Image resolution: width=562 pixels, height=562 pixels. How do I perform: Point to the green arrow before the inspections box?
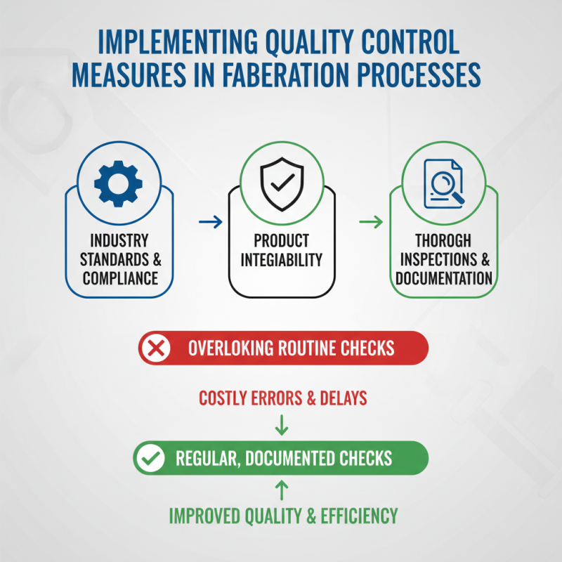pos(371,223)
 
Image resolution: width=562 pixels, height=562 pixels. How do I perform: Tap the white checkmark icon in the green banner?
pos(149,459)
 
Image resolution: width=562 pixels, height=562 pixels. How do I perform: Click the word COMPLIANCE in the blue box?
pos(120,277)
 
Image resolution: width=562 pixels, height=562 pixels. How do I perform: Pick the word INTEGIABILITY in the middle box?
pos(281,259)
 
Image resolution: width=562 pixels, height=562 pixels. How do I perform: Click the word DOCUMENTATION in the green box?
pos(443,277)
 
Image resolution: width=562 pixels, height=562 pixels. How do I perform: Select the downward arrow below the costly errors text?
pos(281,424)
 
